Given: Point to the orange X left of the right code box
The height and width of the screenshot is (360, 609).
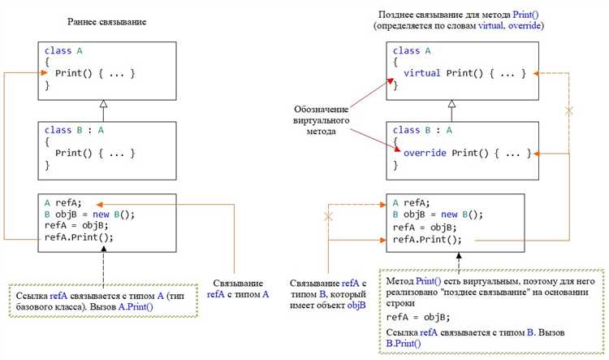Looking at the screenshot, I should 329,217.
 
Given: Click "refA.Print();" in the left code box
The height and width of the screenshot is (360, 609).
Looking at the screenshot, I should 79,237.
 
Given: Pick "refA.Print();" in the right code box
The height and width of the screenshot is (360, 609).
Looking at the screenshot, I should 427,239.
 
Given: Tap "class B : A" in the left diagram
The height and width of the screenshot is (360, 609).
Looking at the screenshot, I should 74,129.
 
